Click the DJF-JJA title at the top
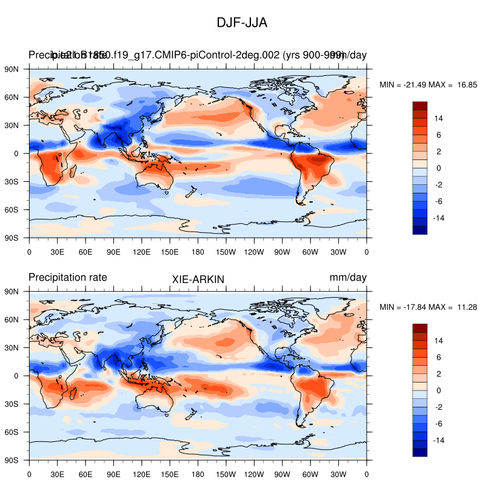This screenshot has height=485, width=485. click(x=242, y=22)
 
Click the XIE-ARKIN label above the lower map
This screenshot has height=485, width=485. click(x=198, y=278)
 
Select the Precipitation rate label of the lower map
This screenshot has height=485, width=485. click(x=68, y=277)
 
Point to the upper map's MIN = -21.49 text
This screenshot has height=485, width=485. click(x=403, y=85)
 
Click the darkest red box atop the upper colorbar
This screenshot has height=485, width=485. click(x=420, y=106)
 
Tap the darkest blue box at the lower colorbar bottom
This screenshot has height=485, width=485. click(x=420, y=452)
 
